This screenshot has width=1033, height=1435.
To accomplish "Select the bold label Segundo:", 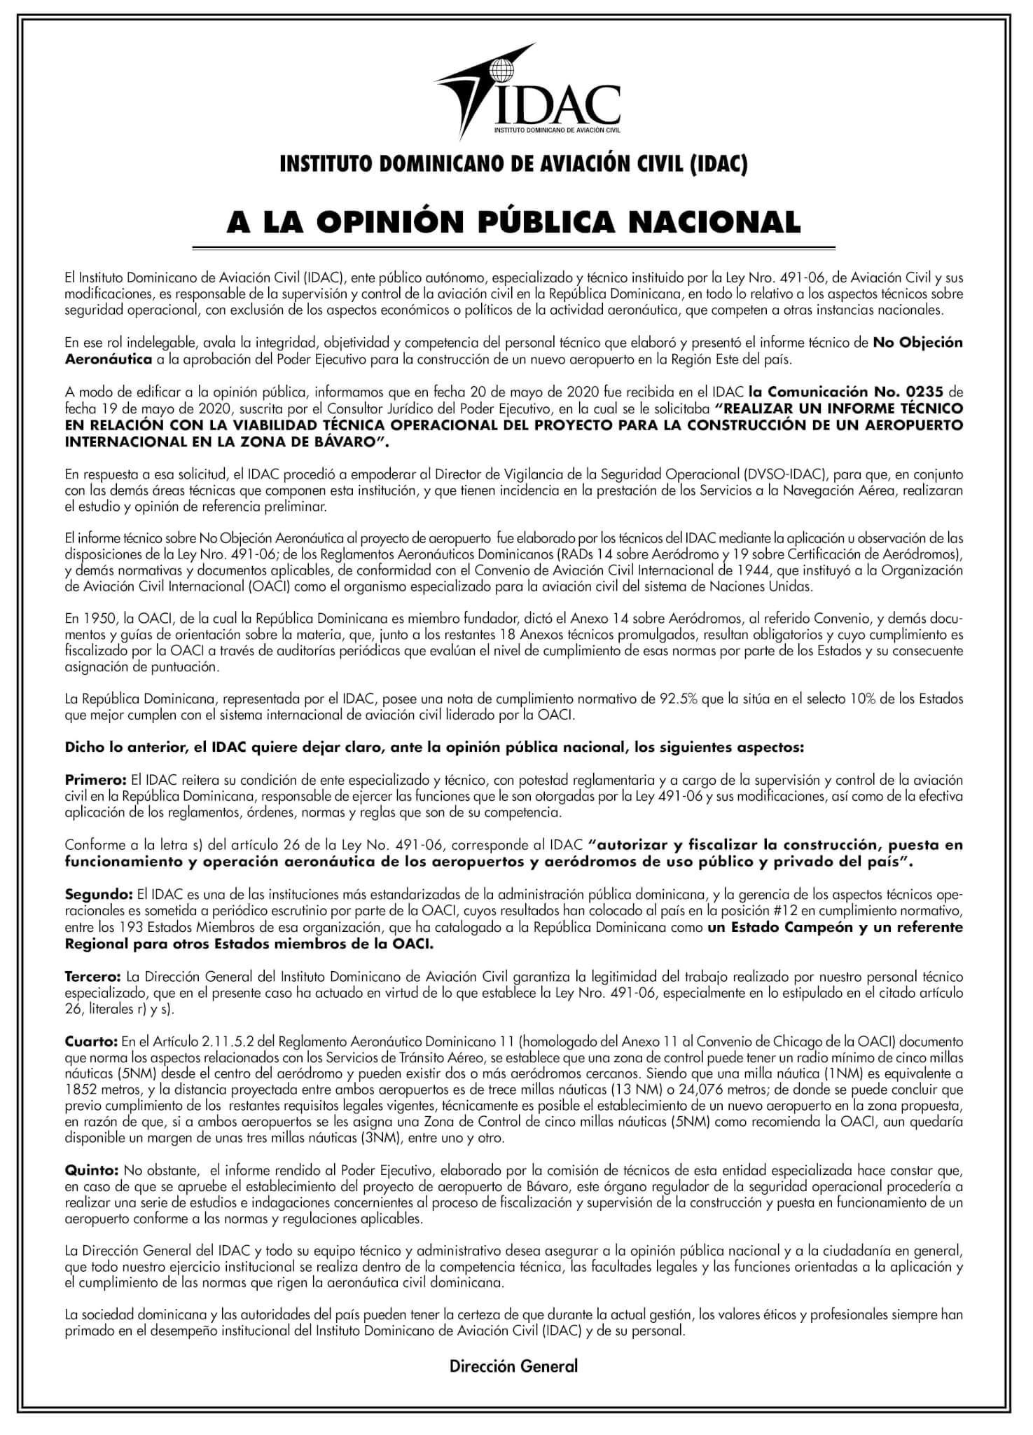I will click(99, 895).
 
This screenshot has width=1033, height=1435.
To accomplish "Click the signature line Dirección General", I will click(514, 1366).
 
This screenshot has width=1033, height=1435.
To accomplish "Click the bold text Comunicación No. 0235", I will click(847, 391).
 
